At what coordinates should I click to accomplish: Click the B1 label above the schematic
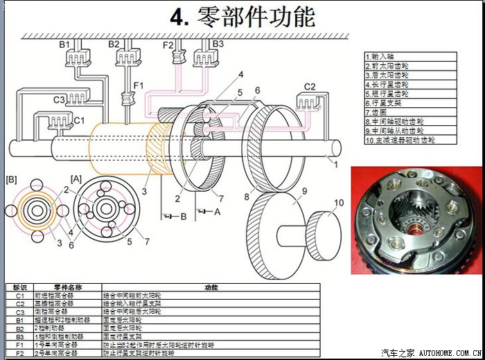tap(64, 44)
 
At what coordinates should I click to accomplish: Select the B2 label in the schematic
tap(114, 44)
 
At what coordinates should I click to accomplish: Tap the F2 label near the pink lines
tap(168, 44)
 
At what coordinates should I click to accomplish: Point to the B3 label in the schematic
tap(218, 44)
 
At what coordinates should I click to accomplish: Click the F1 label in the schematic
tap(139, 86)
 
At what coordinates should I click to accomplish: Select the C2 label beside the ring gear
tap(310, 87)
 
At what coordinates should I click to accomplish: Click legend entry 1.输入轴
tap(379, 57)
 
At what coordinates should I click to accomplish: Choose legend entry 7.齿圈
tap(377, 111)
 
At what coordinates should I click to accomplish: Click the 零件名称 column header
tap(68, 287)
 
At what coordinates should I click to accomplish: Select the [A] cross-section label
tap(76, 179)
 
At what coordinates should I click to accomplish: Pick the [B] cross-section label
tap(11, 179)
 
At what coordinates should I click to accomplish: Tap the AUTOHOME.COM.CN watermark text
tap(450, 353)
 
